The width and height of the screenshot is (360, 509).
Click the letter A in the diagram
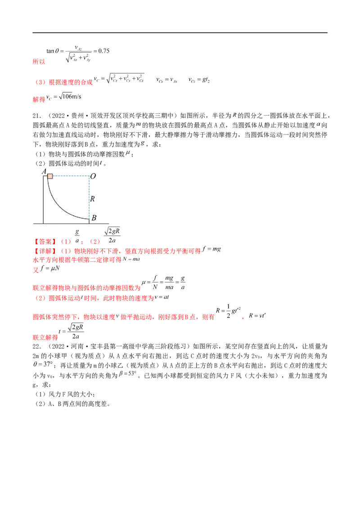point(44,171)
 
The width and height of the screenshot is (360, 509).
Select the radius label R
point(92,198)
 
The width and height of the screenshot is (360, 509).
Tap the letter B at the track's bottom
point(94,218)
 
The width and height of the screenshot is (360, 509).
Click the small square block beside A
point(50,176)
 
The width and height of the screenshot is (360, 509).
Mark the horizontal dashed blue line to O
point(70,176)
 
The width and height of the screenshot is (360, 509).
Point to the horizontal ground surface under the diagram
point(72,224)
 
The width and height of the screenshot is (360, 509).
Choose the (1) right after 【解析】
point(66,250)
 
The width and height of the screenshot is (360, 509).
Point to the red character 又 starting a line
point(35,270)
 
